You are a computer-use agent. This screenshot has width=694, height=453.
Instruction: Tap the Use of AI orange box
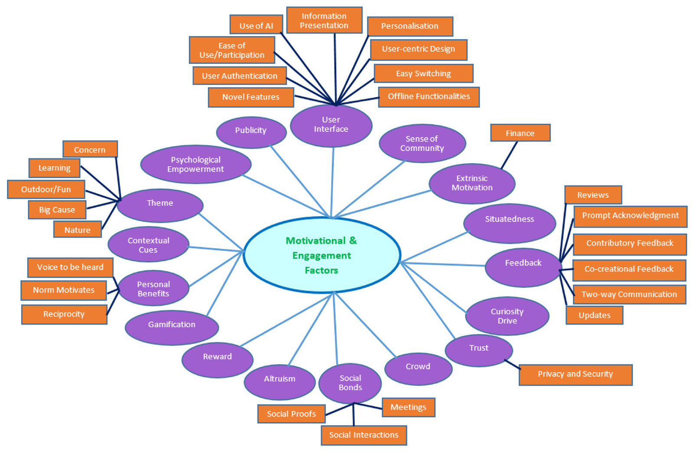pos(256,26)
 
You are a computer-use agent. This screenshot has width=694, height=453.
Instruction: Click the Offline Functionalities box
pos(429,97)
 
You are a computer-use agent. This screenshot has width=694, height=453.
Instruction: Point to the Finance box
pos(520,133)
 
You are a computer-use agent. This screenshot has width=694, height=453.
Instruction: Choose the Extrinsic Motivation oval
pos(472,183)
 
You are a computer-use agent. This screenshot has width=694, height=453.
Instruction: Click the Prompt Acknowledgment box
pos(630,216)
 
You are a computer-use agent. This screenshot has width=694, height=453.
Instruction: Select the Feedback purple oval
pos(523,266)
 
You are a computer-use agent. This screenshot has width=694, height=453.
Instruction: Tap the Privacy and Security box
pos(575,374)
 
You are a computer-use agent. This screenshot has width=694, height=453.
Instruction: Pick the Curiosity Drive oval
pos(507,316)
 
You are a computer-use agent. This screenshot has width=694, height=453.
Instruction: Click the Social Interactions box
pos(363,435)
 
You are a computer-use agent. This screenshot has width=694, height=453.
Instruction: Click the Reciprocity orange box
pos(64,314)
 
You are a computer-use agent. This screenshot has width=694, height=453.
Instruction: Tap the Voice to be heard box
pos(70,267)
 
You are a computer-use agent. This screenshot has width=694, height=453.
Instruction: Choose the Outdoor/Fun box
pos(46,190)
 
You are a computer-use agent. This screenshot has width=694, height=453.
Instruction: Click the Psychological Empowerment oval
pos(196,164)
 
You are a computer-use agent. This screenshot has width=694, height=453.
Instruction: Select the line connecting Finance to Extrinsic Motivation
pos(510,155)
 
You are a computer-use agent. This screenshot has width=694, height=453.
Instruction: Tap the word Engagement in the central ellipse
pos(321,256)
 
